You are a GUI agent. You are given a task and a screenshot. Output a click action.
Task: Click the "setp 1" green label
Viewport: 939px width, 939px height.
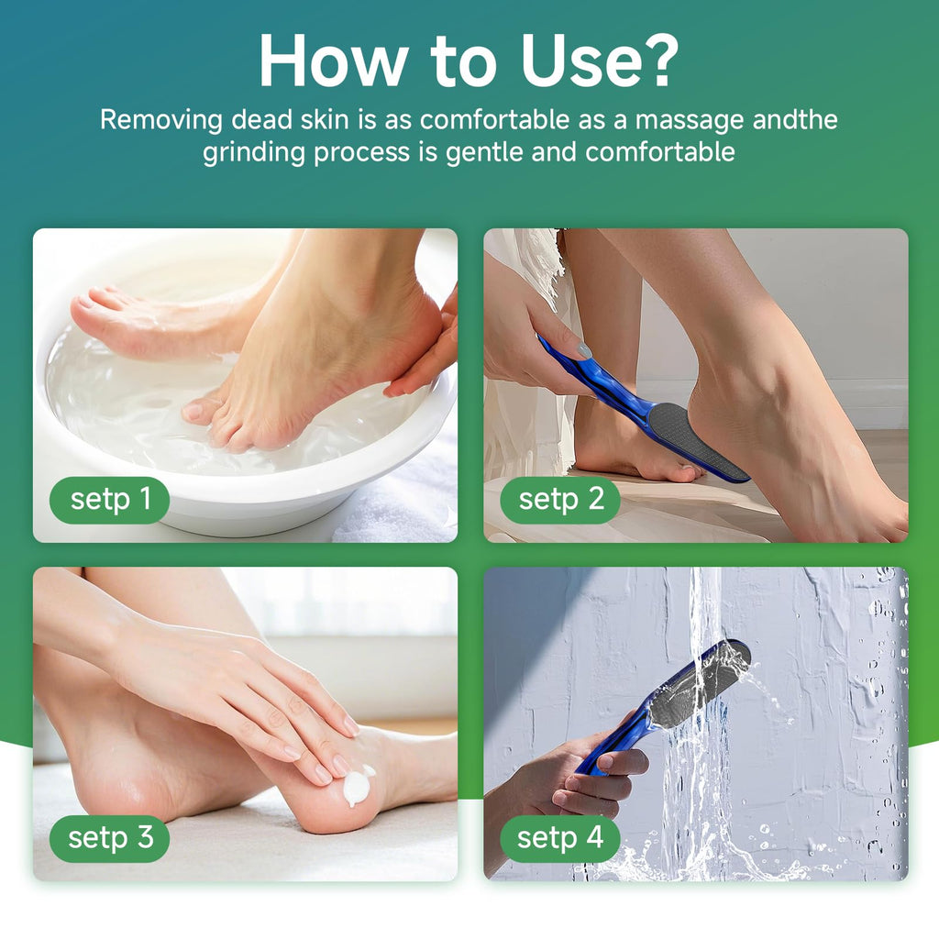click(x=110, y=500)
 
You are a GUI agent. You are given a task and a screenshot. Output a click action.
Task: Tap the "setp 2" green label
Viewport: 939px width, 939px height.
click(x=560, y=500)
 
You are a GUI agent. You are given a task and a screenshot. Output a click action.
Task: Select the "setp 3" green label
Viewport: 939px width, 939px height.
click(x=110, y=838)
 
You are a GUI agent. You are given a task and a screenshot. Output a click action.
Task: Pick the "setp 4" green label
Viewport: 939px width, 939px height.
click(x=560, y=838)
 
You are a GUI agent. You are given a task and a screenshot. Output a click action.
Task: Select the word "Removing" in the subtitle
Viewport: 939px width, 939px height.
click(x=161, y=120)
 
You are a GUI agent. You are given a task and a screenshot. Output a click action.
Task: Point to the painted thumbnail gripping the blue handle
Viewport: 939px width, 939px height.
click(x=583, y=350)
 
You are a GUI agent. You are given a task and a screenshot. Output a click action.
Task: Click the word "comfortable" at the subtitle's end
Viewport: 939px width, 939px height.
click(x=660, y=152)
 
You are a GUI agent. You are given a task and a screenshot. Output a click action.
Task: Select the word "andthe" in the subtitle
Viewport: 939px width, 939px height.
click(x=795, y=120)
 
